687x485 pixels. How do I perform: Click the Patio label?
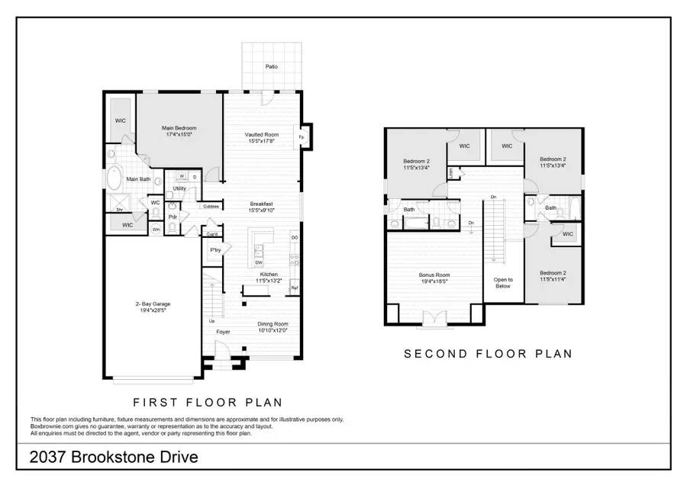[x=272, y=67]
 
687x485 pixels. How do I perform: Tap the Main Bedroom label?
[x=179, y=128]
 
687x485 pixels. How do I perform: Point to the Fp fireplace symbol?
[x=302, y=137]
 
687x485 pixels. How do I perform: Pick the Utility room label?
[x=179, y=188]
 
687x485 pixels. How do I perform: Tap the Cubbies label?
[x=211, y=206]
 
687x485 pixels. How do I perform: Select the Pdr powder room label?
[x=173, y=217]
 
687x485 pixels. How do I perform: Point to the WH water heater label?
[x=156, y=229]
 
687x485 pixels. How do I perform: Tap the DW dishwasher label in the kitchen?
[x=260, y=262]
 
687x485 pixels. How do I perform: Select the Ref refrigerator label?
[x=294, y=287]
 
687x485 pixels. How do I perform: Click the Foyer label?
[x=223, y=332]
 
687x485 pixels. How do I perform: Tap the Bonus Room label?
[x=434, y=275]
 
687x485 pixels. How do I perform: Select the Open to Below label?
[x=503, y=283]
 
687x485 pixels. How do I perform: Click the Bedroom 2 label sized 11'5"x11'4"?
[x=553, y=273]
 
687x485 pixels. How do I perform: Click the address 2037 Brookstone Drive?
[x=114, y=458]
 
